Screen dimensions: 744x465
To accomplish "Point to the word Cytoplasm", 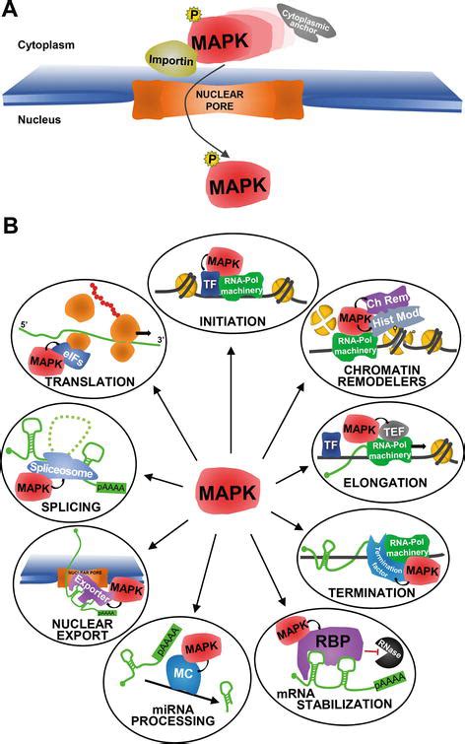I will (x=44, y=44).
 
